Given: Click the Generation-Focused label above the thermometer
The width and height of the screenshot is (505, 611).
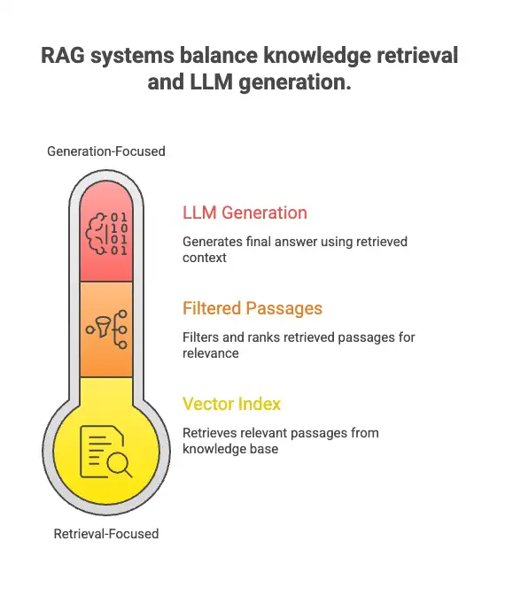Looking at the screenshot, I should [x=105, y=151].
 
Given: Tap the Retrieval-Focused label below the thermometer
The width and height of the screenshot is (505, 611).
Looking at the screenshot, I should [x=105, y=534].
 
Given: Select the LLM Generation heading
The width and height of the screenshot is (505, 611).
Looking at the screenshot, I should [x=245, y=213].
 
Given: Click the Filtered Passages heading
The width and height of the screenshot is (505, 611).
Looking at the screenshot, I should [x=252, y=308].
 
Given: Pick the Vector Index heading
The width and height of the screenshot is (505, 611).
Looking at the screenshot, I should [x=231, y=404].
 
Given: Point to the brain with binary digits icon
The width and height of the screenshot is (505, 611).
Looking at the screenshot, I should [x=105, y=234].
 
